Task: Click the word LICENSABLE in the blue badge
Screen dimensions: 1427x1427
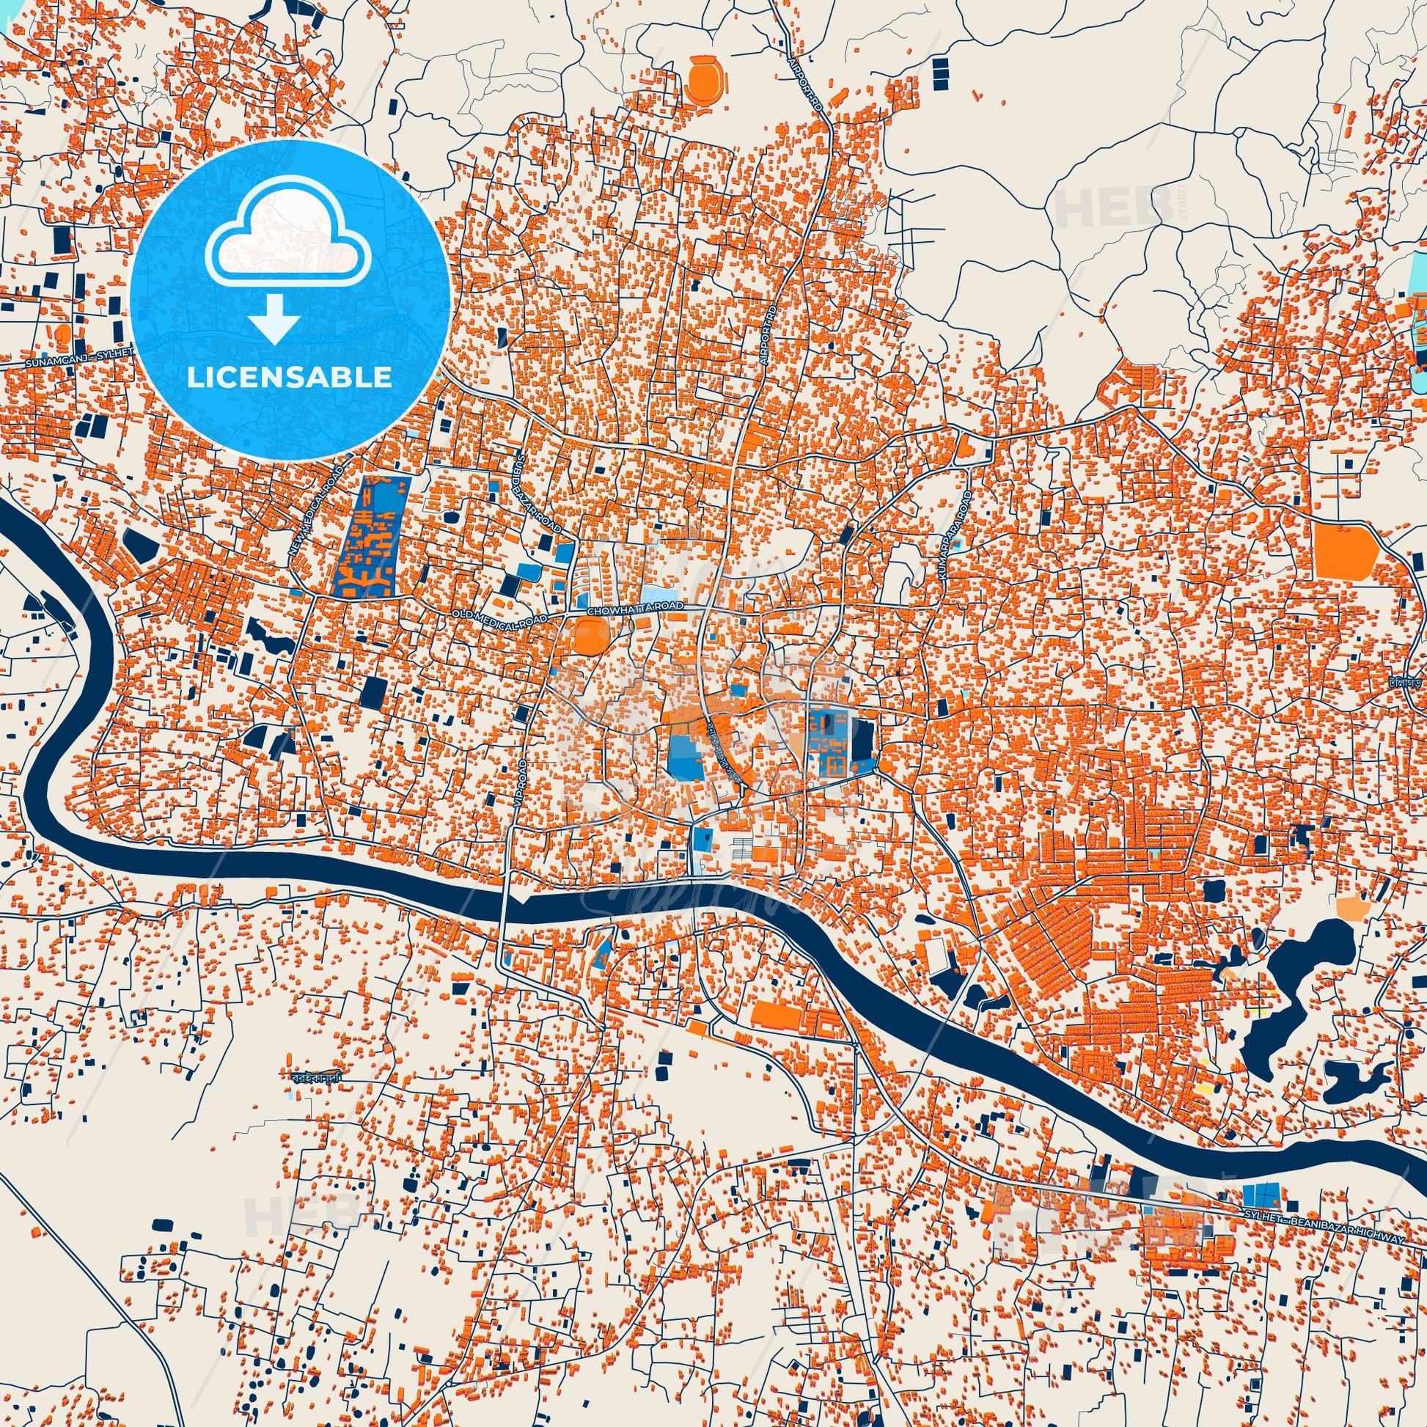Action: [x=290, y=377]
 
